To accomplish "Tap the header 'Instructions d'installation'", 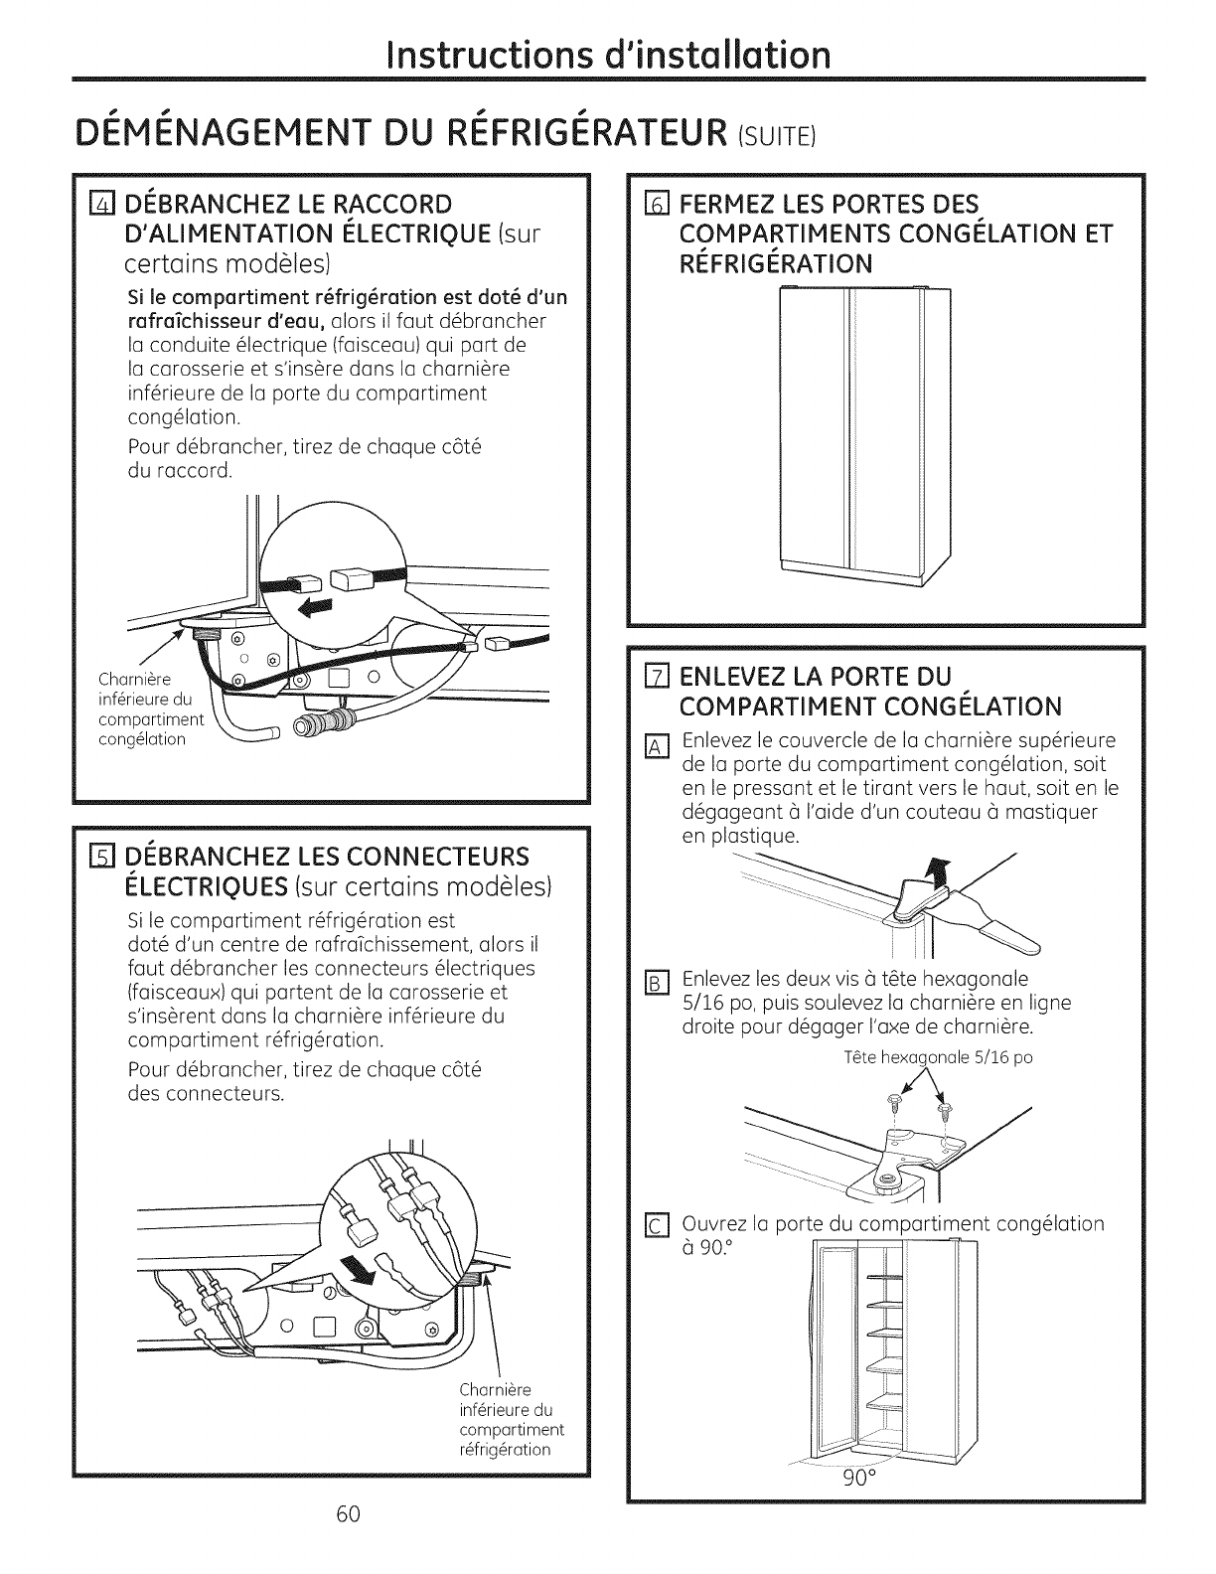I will click(608, 50).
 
